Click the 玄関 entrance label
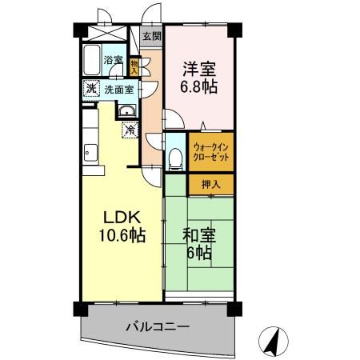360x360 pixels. (x=151, y=36)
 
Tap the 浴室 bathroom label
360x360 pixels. (x=113, y=60)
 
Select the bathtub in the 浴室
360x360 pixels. (x=90, y=59)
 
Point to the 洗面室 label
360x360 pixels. (x=120, y=89)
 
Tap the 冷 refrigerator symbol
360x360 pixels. (x=128, y=128)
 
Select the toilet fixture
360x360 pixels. (x=175, y=157)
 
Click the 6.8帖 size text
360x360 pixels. (x=199, y=86)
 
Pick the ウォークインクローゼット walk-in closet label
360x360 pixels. (x=211, y=152)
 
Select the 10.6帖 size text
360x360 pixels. (x=122, y=236)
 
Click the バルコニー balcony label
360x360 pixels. (x=157, y=326)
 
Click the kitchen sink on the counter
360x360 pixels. (x=89, y=151)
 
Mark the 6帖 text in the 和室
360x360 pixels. (x=198, y=254)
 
